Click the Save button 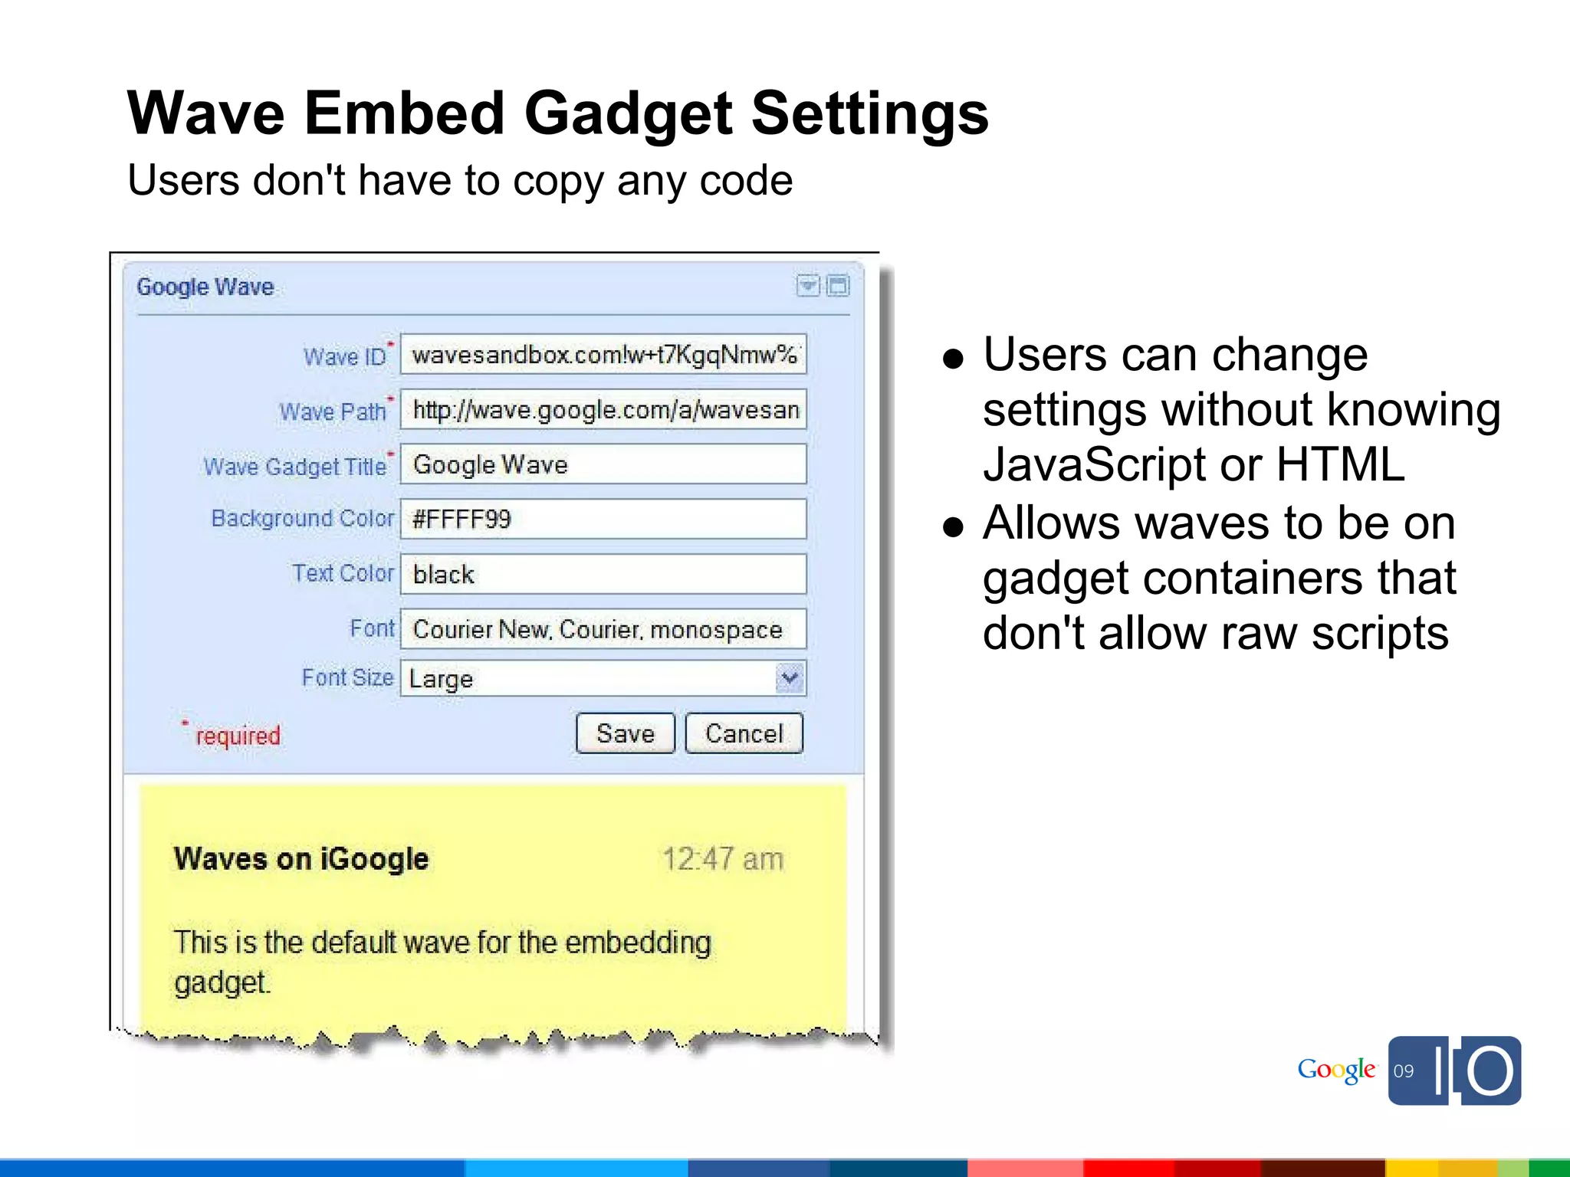625,733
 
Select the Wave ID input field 603,355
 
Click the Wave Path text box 603,410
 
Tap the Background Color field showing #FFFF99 603,519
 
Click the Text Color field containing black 603,574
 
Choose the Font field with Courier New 603,629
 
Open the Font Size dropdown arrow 790,678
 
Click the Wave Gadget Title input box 603,464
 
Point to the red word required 238,736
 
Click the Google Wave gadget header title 205,287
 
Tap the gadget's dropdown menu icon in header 808,286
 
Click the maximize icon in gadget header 839,286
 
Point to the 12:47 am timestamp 723,859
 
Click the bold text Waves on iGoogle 301,859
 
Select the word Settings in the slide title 870,113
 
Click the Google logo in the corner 1336,1070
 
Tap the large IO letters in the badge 1476,1070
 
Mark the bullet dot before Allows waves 954,526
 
